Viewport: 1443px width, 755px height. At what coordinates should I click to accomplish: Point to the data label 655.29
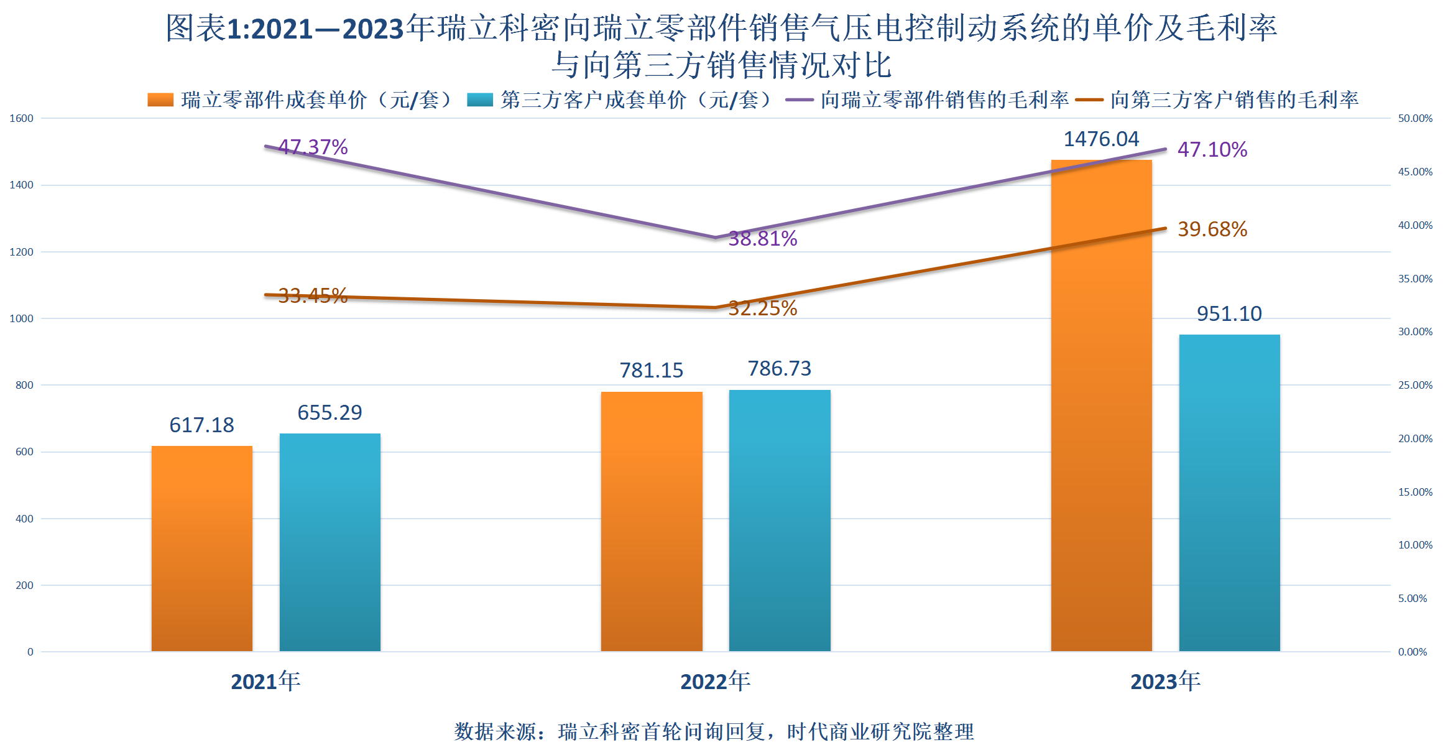pos(330,412)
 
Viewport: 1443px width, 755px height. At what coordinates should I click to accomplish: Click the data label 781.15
pos(651,370)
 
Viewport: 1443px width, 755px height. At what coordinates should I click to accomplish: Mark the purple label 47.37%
pos(313,147)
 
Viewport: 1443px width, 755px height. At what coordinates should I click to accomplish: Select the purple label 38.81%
pos(763,238)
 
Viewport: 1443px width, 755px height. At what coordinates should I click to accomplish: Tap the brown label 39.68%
pos(1212,229)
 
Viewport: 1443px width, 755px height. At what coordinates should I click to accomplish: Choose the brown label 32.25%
pos(763,308)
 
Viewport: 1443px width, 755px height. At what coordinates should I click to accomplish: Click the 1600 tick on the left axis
pos(21,118)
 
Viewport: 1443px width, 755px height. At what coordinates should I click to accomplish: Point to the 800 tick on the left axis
pos(24,385)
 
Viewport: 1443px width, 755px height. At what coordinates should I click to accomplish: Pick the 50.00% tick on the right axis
pos(1415,118)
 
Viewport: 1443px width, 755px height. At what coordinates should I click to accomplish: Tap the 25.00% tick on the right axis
pos(1415,385)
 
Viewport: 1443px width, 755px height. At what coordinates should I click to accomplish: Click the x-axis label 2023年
pos(1165,682)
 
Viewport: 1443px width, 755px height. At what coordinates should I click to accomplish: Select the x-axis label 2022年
pos(715,682)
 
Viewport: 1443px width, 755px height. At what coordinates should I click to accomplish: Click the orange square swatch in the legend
pos(160,100)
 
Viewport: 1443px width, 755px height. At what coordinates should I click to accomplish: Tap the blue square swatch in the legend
pos(480,100)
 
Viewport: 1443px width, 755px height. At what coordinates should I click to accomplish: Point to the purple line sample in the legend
pos(800,100)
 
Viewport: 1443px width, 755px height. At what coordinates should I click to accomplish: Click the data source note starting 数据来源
pos(714,731)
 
